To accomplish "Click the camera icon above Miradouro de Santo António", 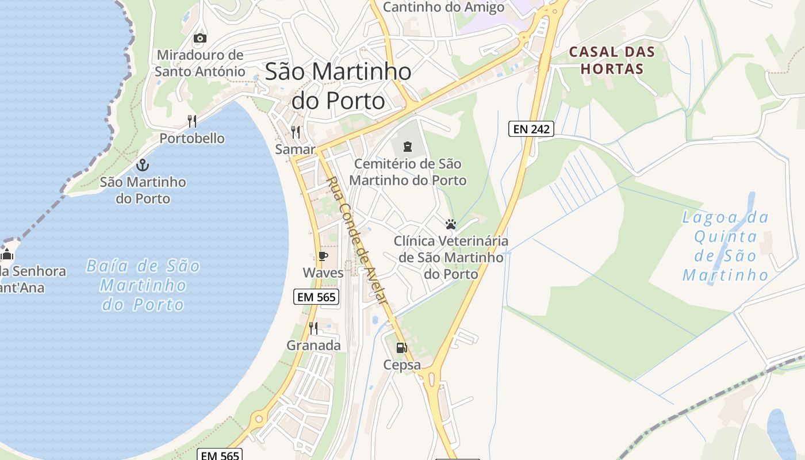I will point(200,39).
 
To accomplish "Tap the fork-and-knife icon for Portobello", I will point(192,121).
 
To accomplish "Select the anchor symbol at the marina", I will point(143,166).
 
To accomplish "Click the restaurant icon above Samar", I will point(296,132).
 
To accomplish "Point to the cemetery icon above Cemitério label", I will point(408,146).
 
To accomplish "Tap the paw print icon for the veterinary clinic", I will point(451,224).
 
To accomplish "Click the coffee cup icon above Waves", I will point(323,256).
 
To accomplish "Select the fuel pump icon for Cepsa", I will point(401,348).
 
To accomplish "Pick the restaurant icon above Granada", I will point(313,328).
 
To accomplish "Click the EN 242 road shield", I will point(531,129).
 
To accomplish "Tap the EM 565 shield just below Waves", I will point(316,297).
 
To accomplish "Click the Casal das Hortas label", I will point(612,60).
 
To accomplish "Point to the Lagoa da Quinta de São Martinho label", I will point(726,246).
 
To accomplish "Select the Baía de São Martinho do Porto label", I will point(143,285).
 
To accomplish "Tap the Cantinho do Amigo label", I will point(443,7).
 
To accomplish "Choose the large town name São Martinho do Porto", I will point(338,86).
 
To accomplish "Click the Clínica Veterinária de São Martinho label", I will point(451,257).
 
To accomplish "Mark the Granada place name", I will point(313,346).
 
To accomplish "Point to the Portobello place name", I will point(192,139).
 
